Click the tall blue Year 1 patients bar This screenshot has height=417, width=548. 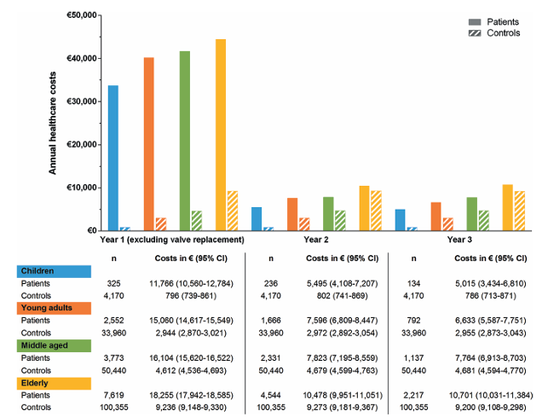click(x=113, y=158)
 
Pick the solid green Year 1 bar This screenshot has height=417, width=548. click(x=185, y=141)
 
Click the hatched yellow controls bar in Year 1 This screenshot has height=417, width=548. click(x=233, y=211)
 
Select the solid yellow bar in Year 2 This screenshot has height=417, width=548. click(x=364, y=208)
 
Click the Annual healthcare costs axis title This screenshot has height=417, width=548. click(x=53, y=124)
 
